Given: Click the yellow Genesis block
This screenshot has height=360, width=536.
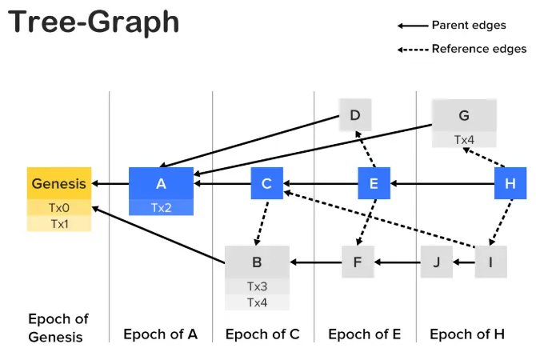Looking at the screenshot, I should coord(59,184).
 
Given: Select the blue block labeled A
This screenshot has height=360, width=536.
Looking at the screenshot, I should coord(161,183).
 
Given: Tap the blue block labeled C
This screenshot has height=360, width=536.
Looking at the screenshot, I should coord(266,183).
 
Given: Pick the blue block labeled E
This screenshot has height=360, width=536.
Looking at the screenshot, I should coord(373,183).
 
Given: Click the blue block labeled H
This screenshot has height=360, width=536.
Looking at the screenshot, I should coord(510,183).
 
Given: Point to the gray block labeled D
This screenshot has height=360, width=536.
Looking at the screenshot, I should coord(355,116).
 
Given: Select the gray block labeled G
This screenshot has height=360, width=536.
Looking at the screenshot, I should coord(464,116).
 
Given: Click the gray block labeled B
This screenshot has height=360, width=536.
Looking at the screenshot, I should coord(257,262).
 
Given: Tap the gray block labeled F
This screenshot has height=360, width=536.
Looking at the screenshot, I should coord(358,262).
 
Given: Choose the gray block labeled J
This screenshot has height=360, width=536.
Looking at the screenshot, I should coord(436,262).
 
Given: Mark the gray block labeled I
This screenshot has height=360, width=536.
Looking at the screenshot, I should coord(490,262).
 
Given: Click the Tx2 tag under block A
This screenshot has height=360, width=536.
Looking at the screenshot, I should coord(161,208).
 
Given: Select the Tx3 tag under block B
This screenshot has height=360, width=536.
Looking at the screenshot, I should coord(257,286).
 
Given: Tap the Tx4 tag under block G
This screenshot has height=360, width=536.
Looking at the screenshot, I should coord(464,140).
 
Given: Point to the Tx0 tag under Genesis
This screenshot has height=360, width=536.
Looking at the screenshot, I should coord(59,208).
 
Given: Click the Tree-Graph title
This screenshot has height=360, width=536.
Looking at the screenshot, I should coord(94,22).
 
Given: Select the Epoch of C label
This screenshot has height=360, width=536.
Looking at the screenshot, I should coord(262,334).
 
